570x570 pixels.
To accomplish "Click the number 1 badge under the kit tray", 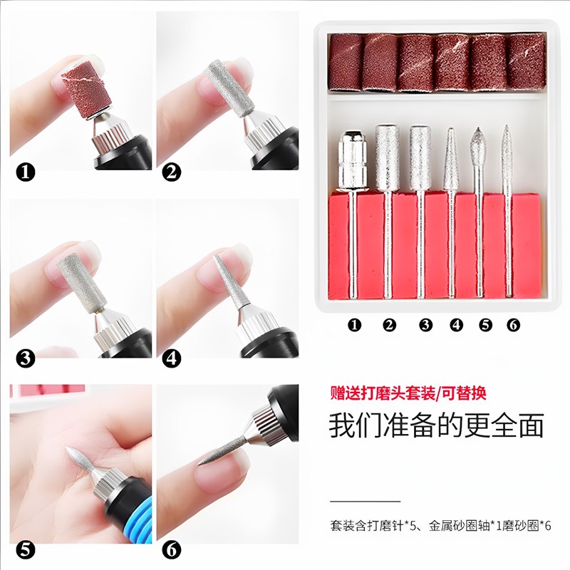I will point(355,325).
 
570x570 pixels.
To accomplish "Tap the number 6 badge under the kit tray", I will point(512,325).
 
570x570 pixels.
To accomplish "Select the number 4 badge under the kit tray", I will point(456,325).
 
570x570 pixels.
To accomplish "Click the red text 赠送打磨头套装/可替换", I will point(408,393).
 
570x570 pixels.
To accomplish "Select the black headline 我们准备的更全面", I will point(436,425).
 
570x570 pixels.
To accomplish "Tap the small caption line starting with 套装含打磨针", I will point(440,527).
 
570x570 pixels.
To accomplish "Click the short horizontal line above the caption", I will point(366,502).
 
